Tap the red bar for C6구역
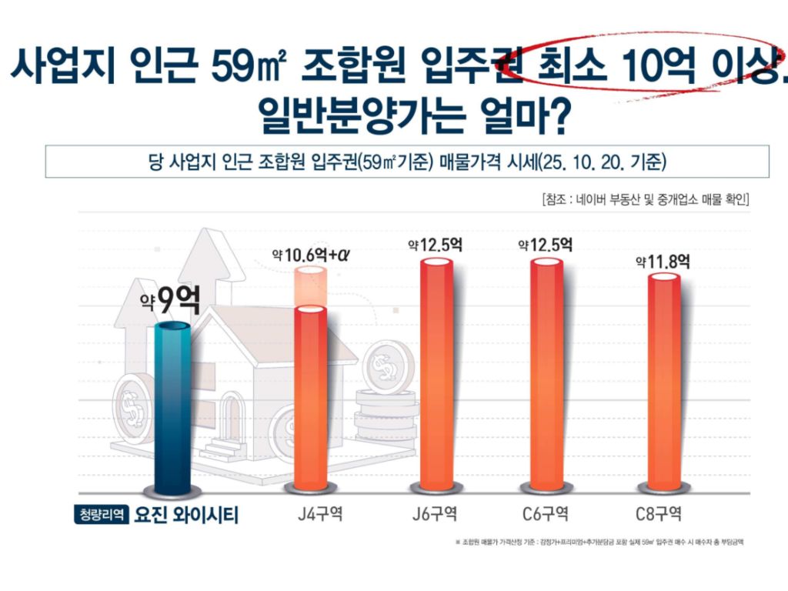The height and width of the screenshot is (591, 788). coord(546,377)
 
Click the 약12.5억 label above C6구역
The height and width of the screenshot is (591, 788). coord(546,246)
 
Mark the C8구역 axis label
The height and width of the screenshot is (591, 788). coord(659,514)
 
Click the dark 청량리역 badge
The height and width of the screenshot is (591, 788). coord(100,514)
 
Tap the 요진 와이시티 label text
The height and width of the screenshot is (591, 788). coord(185,514)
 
